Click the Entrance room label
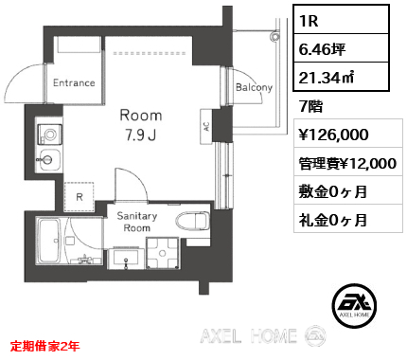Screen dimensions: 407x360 click(x=74, y=82)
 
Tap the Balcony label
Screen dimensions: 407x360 click(x=254, y=87)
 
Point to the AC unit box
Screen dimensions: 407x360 click(x=206, y=126)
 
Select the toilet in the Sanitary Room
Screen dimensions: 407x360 click(x=193, y=221)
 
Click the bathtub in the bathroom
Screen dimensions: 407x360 click(x=49, y=242)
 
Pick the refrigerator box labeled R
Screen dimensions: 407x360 click(x=80, y=197)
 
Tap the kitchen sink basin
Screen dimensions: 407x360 click(x=49, y=160)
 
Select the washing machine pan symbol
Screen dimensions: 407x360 click(x=163, y=253)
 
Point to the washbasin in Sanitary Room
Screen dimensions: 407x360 click(x=126, y=258)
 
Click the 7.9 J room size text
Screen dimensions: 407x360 click(x=141, y=135)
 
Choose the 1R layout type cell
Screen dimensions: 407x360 click(x=341, y=20)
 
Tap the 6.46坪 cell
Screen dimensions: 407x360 click(x=341, y=48)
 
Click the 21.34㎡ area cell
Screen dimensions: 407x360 click(x=341, y=77)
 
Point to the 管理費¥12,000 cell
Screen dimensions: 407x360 click(x=348, y=162)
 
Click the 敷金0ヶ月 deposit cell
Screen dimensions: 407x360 click(x=348, y=190)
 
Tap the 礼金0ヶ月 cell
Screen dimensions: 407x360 click(x=348, y=219)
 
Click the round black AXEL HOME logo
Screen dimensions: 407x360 click(x=354, y=306)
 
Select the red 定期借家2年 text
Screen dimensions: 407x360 click(x=44, y=346)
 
